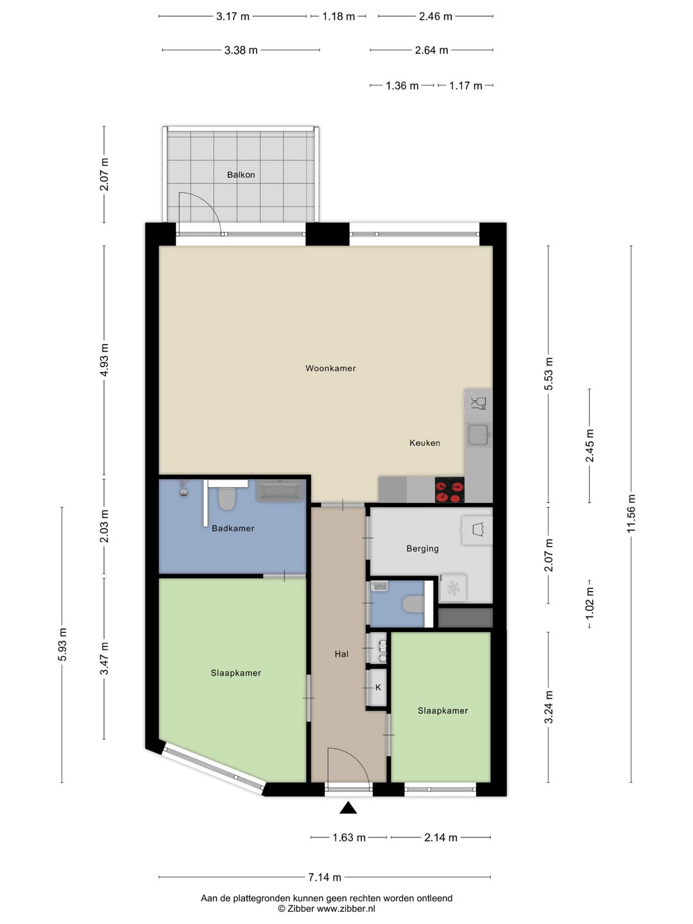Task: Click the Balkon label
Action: click(x=241, y=175)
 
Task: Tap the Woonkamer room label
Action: click(x=330, y=368)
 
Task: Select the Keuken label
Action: click(x=425, y=443)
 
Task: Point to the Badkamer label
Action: click(x=233, y=528)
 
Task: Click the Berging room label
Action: click(x=422, y=549)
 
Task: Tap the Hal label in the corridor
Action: click(x=341, y=654)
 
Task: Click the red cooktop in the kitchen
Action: click(x=449, y=490)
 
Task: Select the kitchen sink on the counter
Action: click(x=479, y=434)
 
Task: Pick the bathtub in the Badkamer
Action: click(x=279, y=491)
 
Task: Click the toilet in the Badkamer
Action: click(x=227, y=499)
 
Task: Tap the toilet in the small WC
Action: click(x=413, y=604)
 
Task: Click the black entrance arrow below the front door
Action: click(x=348, y=807)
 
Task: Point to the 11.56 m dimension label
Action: click(x=631, y=513)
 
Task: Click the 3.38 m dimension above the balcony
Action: click(x=241, y=50)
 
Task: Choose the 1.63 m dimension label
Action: click(x=349, y=837)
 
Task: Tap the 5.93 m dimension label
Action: click(x=62, y=644)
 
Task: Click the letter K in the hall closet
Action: click(x=378, y=687)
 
